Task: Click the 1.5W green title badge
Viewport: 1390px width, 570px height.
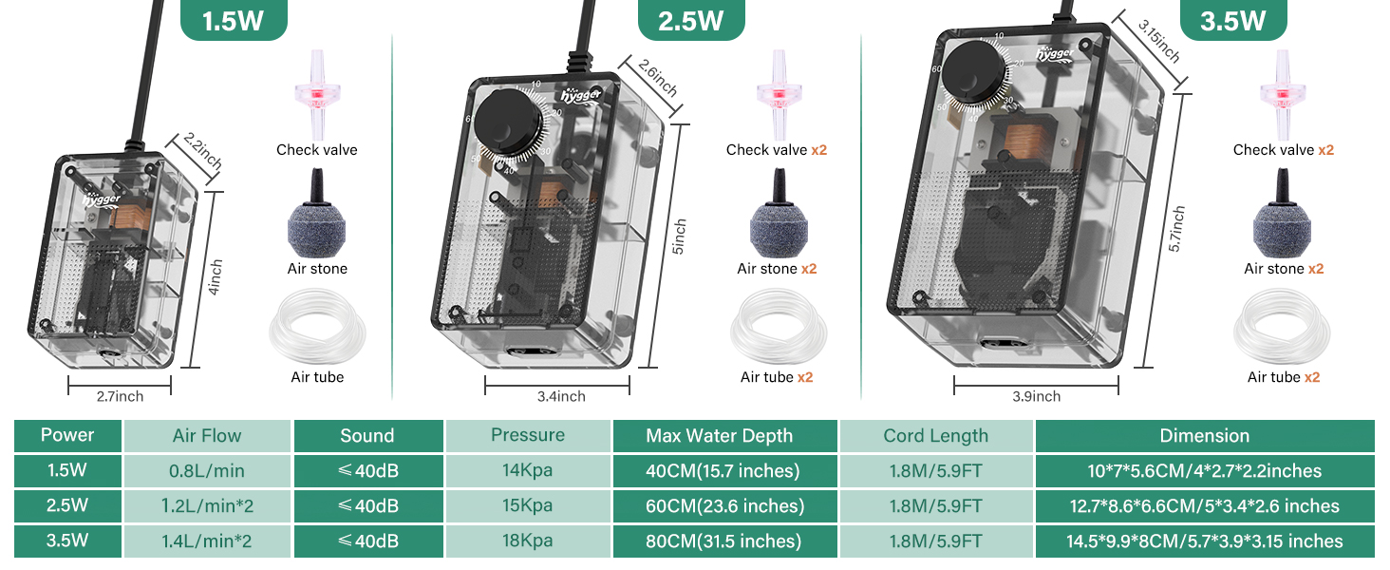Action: click(x=234, y=20)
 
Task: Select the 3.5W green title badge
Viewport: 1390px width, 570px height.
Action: click(x=1231, y=20)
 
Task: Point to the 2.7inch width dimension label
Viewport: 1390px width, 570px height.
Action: click(x=120, y=396)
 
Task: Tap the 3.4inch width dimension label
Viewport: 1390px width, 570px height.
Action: click(x=558, y=396)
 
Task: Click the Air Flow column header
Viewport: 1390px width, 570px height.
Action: click(x=207, y=436)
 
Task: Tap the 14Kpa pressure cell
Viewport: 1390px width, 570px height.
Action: click(x=528, y=470)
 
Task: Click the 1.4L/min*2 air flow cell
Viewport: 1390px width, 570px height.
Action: click(x=207, y=541)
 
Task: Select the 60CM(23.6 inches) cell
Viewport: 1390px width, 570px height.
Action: click(x=724, y=506)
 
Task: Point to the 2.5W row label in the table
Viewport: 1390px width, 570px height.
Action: click(x=67, y=506)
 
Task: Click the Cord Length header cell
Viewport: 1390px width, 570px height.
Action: click(x=935, y=436)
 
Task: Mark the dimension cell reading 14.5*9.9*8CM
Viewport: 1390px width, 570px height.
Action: click(x=1204, y=541)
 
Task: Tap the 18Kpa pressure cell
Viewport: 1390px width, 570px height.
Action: click(x=528, y=541)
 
